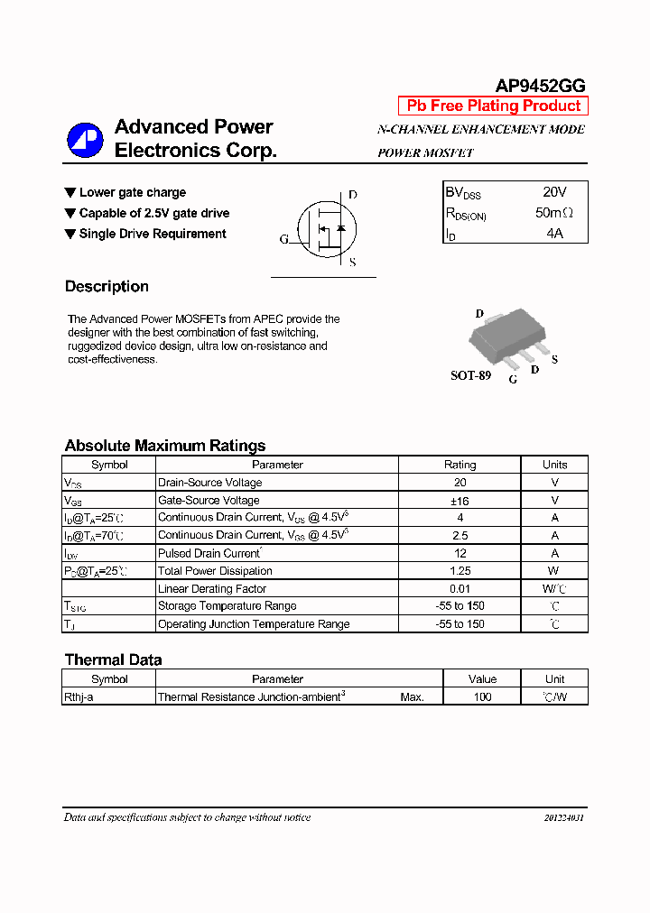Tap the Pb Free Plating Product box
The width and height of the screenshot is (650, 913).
click(493, 106)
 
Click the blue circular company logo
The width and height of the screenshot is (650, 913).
click(85, 140)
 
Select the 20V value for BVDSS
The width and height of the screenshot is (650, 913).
click(554, 192)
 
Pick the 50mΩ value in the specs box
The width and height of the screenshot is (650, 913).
click(554, 213)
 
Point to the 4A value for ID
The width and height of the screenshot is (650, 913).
click(554, 233)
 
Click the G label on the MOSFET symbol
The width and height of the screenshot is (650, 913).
click(283, 239)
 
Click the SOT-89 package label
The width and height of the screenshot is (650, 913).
click(470, 375)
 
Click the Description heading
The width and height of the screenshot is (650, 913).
click(107, 287)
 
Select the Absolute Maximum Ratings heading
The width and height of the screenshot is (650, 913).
click(165, 446)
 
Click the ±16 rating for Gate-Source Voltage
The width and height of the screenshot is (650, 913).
click(460, 500)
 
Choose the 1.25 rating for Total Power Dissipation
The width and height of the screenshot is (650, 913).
click(460, 571)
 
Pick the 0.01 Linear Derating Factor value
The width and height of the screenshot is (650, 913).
click(460, 589)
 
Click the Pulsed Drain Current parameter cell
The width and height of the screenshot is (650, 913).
click(209, 553)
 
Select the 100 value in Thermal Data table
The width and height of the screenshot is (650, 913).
click(482, 696)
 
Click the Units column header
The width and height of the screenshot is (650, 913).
click(554, 465)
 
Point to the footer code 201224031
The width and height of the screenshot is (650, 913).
click(563, 817)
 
